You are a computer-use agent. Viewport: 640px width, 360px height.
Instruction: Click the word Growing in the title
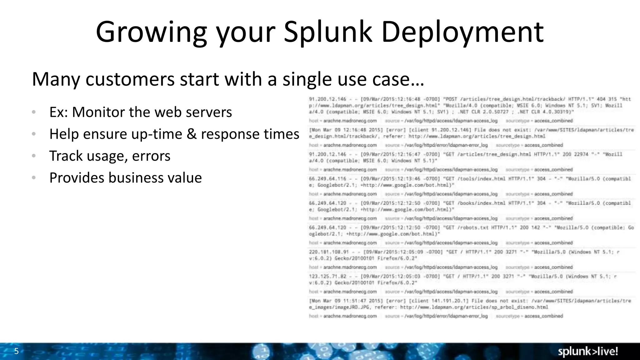coord(151,32)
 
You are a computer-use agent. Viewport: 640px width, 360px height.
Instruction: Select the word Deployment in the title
coord(462,32)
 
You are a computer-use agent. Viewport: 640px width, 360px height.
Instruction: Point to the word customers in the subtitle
coord(130,79)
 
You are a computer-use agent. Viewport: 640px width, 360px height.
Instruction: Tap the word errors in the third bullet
coord(151,156)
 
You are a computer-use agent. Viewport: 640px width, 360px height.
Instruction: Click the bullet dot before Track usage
coord(34,156)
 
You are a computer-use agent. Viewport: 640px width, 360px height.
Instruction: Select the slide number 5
coord(17,351)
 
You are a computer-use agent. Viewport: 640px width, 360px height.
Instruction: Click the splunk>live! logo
coord(588,352)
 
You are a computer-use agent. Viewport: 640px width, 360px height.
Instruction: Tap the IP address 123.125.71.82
coord(327,276)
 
